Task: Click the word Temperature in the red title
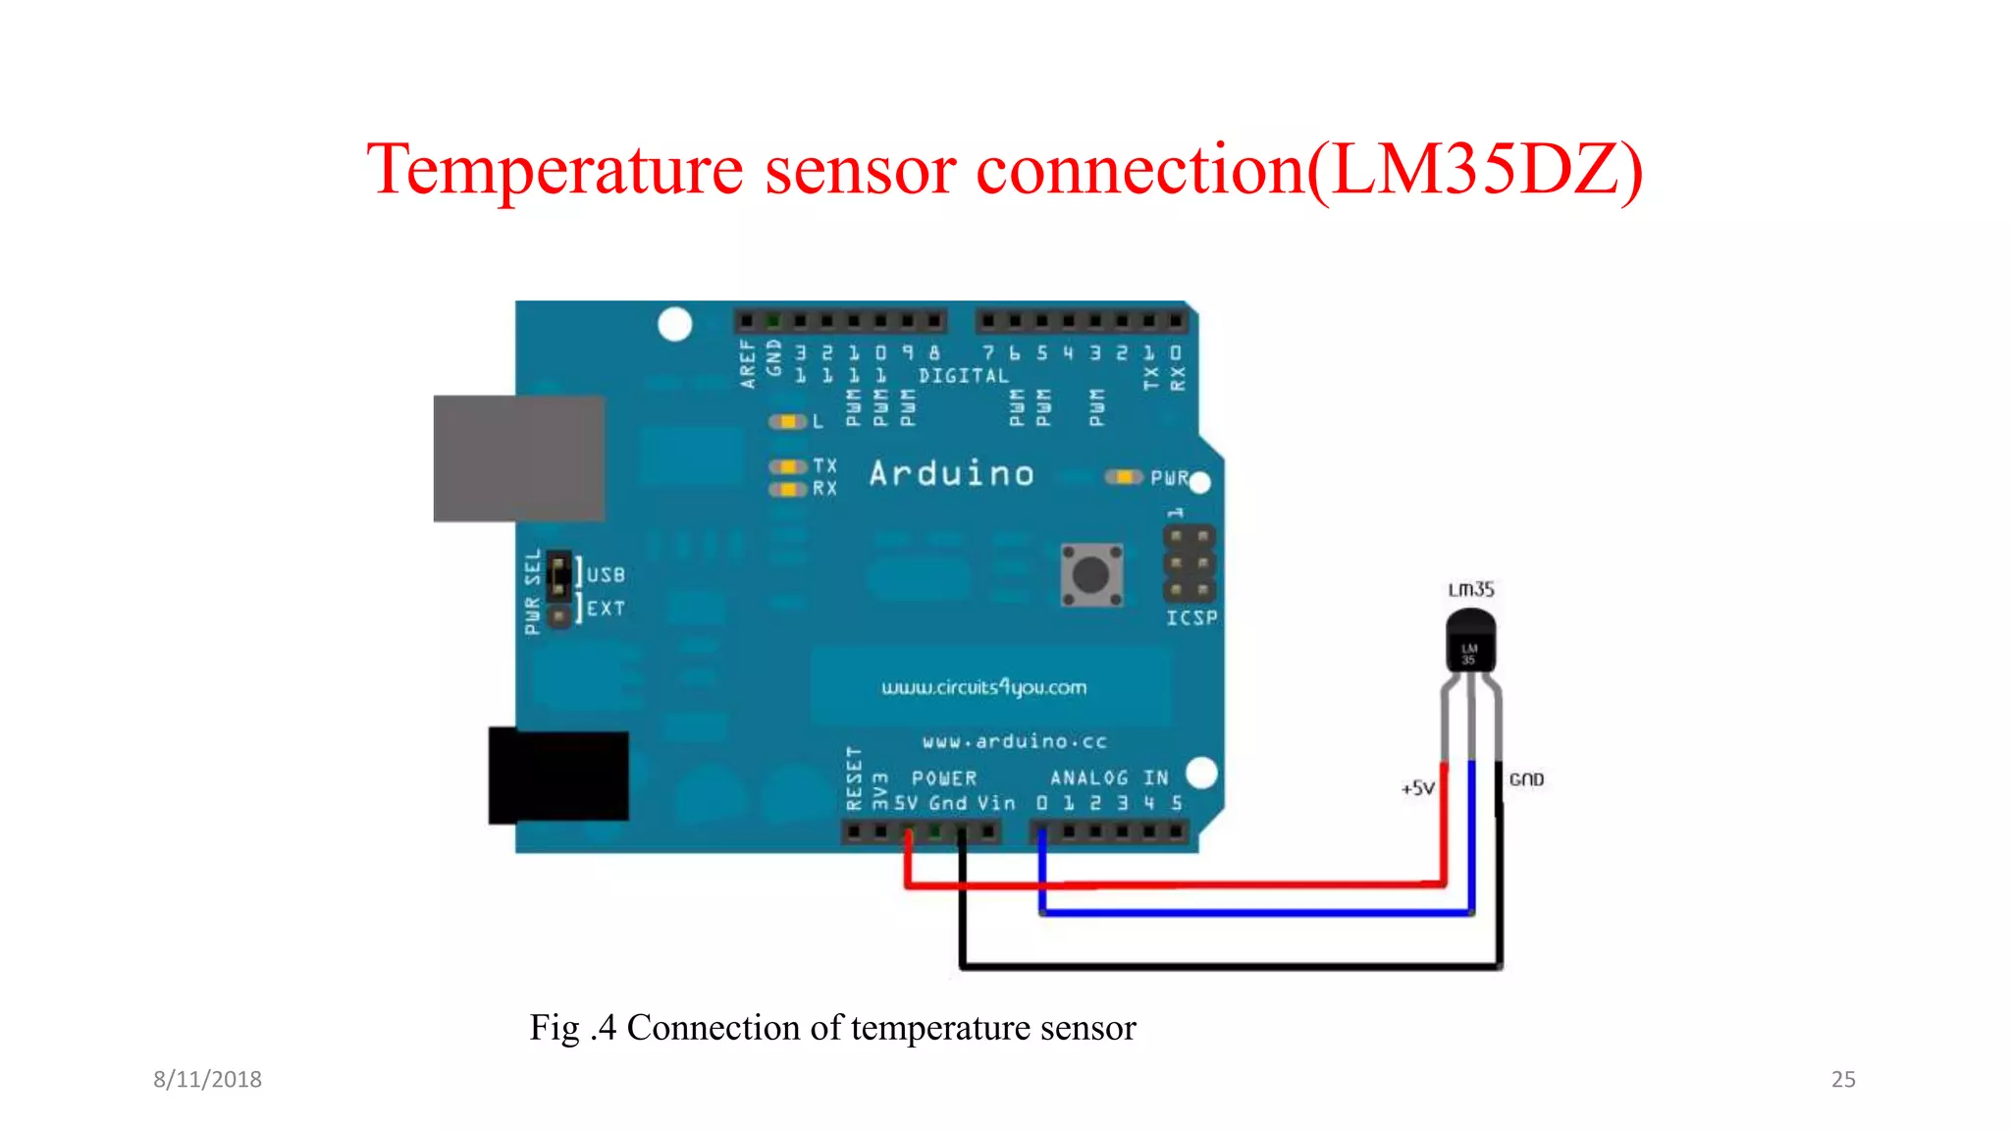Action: pos(555,169)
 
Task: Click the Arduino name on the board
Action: pos(951,474)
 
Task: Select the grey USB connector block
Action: pos(519,458)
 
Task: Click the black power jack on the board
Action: pos(558,775)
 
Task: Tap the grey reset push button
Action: pos(1091,574)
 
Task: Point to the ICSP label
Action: pos(1191,618)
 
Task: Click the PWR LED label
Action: pos(1170,478)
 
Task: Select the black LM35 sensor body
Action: pos(1470,642)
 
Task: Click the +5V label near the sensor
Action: pos(1417,787)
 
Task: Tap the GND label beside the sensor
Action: pos(1526,780)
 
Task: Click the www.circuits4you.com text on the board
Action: pos(983,687)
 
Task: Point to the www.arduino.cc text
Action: pos(1014,741)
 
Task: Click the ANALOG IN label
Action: pos(1109,778)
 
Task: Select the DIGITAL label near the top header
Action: pos(963,376)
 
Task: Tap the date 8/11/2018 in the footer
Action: pos(207,1079)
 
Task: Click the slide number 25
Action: pos(1842,1079)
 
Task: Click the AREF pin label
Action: pos(748,364)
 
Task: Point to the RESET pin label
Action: pos(854,779)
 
